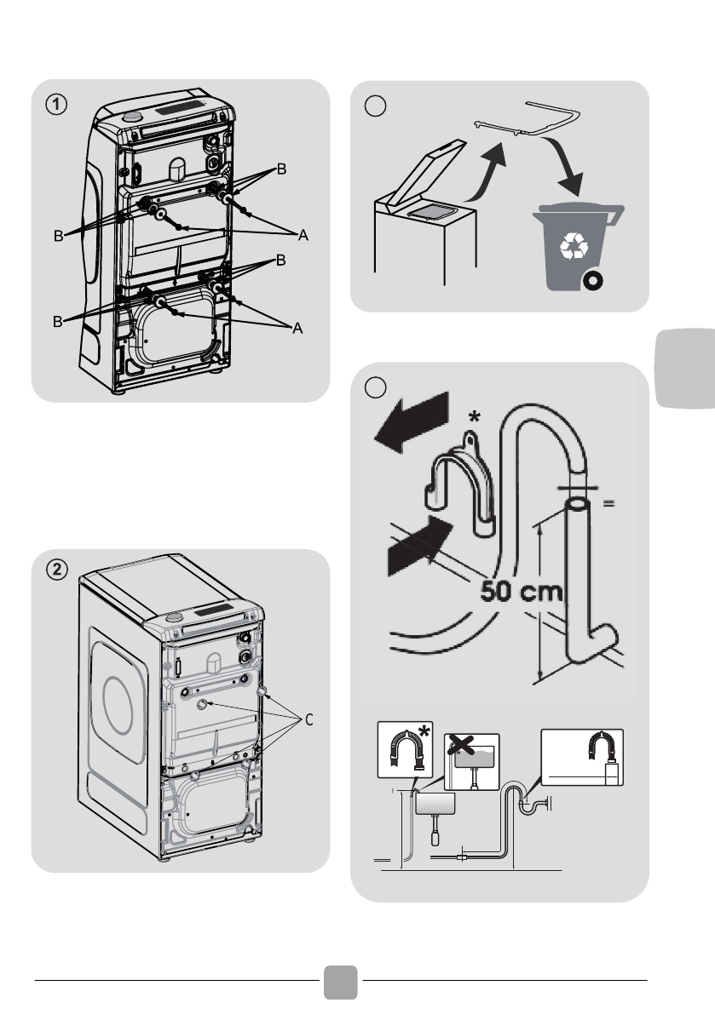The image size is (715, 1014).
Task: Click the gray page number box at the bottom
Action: point(341,981)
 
